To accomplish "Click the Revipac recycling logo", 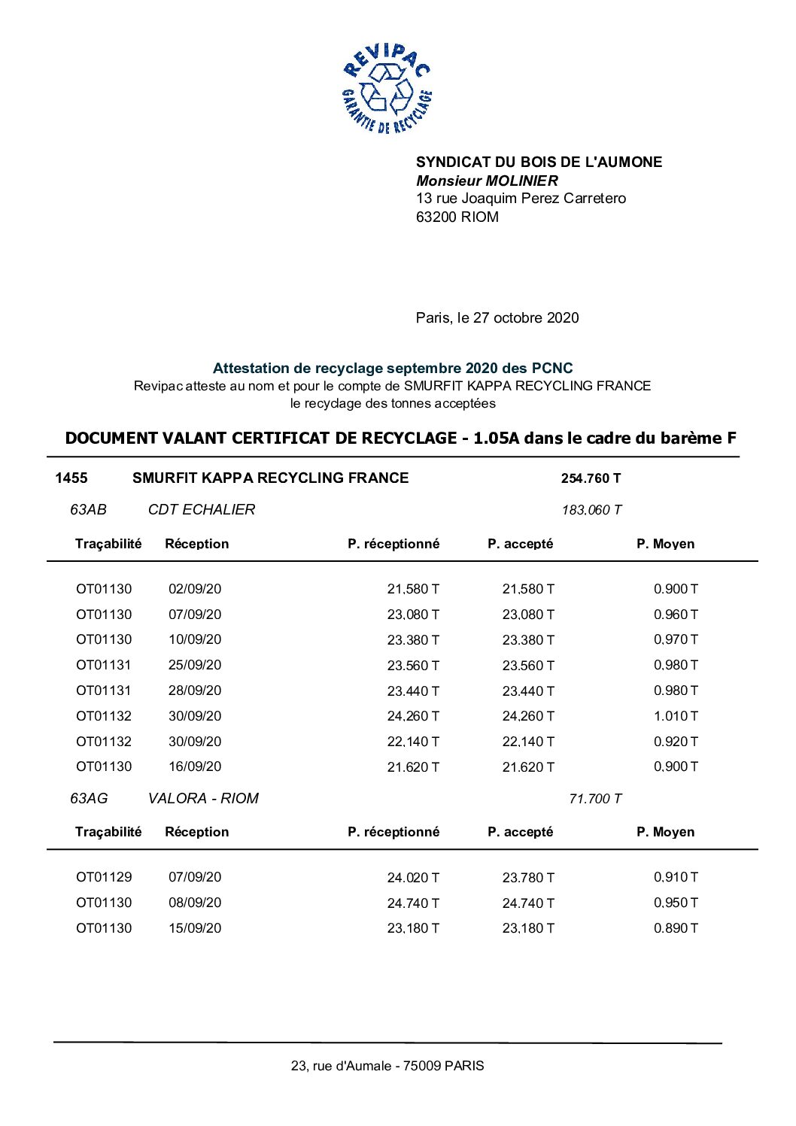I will [387, 89].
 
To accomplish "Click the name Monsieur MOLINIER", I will [487, 181].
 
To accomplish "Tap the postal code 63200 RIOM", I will [457, 217].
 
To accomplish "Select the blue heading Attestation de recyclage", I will [392, 368].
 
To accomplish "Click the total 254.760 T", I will [591, 478].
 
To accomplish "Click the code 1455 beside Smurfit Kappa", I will [71, 478].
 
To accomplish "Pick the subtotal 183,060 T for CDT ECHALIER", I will [591, 510].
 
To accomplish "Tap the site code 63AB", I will [88, 510].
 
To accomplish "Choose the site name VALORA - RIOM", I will [203, 799].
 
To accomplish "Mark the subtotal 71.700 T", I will [595, 799].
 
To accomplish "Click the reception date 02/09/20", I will [195, 589].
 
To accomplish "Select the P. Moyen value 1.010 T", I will [675, 716].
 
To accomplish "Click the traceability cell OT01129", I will [104, 877].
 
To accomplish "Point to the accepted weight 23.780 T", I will [528, 878].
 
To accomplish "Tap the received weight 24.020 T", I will [413, 878].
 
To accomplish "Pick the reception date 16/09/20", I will [195, 766].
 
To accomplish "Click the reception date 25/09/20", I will [195, 665].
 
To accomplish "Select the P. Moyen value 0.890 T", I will [675, 928].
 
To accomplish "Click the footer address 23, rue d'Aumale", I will [387, 1066].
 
